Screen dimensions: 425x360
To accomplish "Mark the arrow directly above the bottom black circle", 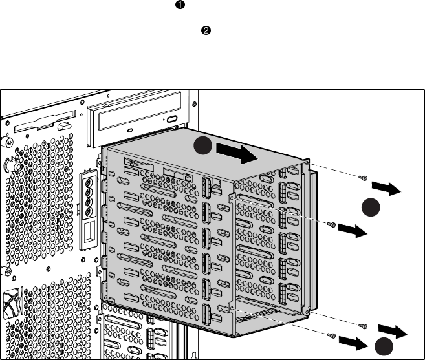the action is [393, 332].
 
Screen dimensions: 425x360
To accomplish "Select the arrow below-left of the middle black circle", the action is [352, 229].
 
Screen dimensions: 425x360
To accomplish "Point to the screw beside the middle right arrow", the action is [332, 225].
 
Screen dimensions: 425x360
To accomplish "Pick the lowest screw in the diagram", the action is [331, 335].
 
